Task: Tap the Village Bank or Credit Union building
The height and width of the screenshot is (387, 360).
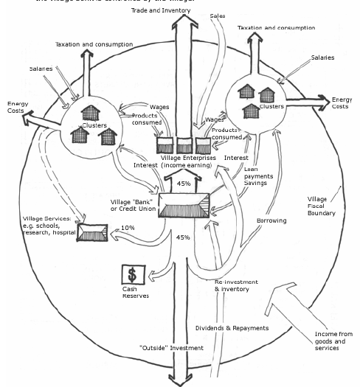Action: [x=180, y=203]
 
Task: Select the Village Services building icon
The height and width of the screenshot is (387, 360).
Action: [x=92, y=235]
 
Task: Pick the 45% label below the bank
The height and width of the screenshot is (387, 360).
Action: [x=183, y=237]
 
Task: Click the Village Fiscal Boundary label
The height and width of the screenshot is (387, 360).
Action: [x=321, y=206]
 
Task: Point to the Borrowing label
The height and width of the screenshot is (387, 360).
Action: [x=271, y=220]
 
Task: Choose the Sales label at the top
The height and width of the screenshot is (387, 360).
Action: [x=218, y=15]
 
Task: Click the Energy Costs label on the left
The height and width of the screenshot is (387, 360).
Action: [x=18, y=108]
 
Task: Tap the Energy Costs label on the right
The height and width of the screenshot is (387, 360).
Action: [x=342, y=103]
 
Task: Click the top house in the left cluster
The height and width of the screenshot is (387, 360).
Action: [x=91, y=111]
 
